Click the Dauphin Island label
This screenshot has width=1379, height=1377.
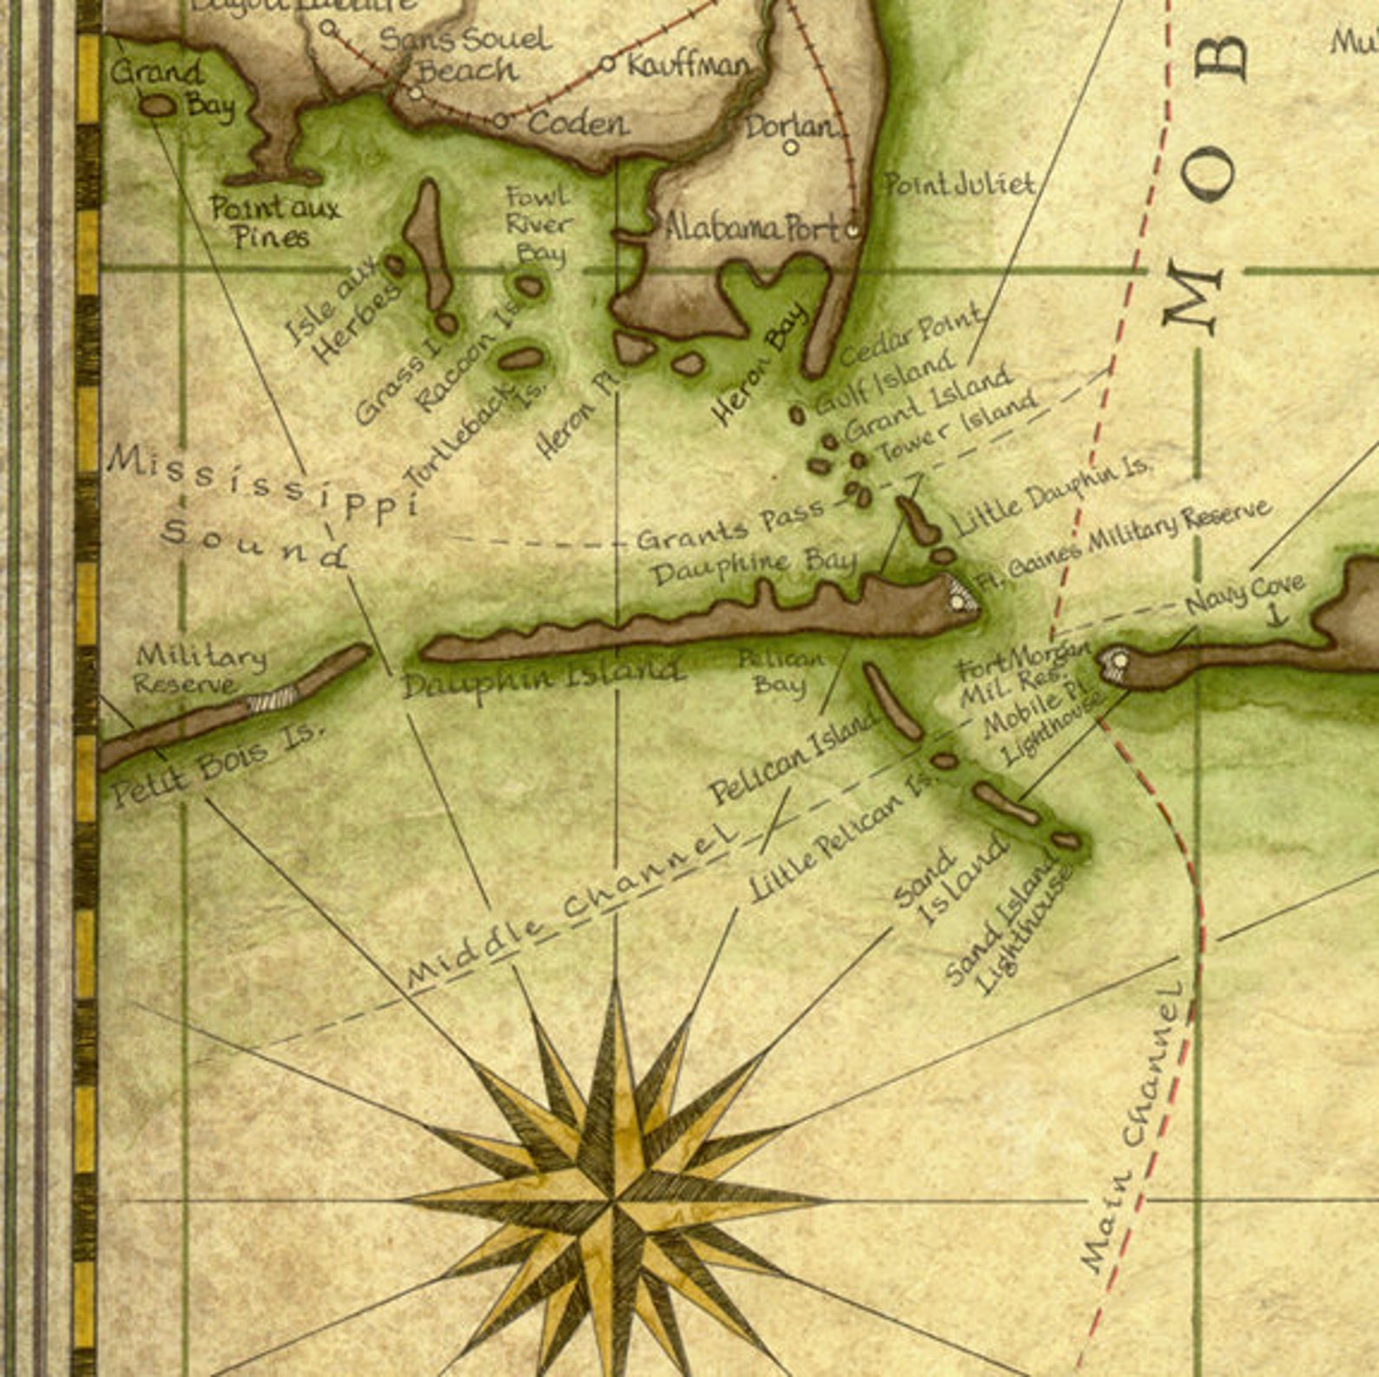(x=542, y=675)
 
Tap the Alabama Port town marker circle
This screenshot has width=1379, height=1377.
(x=853, y=231)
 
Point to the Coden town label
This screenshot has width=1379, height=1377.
(x=577, y=122)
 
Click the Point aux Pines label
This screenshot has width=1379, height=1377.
(x=274, y=222)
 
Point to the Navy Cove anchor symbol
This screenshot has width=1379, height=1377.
(x=1276, y=615)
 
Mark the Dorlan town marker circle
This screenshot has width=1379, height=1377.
(x=790, y=148)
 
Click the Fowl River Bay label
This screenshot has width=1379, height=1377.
(x=538, y=224)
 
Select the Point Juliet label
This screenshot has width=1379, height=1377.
(x=959, y=184)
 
